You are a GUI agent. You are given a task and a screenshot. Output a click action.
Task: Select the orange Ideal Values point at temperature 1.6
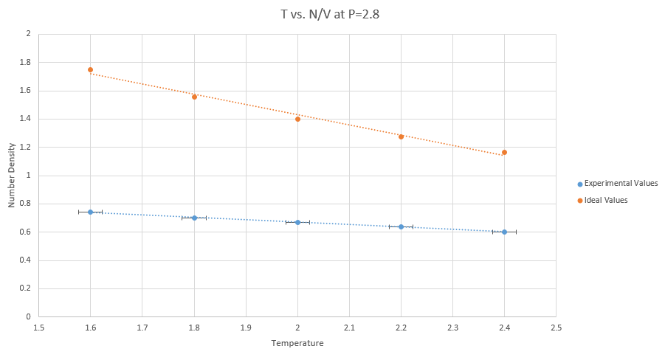(90, 70)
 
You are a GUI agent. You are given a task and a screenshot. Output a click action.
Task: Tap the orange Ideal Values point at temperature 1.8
(194, 97)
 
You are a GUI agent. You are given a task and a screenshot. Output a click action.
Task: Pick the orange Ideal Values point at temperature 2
(297, 119)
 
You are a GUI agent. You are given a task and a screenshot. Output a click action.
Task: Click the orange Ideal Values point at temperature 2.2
(401, 136)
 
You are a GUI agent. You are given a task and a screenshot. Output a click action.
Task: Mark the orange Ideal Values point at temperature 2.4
(504, 153)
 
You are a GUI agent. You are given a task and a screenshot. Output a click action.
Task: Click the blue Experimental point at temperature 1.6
(90, 212)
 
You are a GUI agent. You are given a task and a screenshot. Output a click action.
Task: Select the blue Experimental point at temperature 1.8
(194, 218)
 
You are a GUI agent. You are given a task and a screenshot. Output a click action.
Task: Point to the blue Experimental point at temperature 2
(297, 222)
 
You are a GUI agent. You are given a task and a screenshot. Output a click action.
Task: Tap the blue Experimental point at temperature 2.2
(401, 226)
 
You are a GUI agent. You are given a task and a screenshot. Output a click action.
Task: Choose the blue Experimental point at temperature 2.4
(504, 232)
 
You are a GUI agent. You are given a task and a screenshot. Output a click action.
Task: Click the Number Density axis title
(12, 175)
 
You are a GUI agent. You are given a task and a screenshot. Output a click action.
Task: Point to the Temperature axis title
(297, 343)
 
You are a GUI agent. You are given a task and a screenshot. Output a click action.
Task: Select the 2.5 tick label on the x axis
(556, 327)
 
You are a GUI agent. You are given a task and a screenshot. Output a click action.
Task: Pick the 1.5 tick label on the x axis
(39, 327)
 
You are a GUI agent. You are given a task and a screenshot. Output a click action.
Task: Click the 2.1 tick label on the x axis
(349, 327)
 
